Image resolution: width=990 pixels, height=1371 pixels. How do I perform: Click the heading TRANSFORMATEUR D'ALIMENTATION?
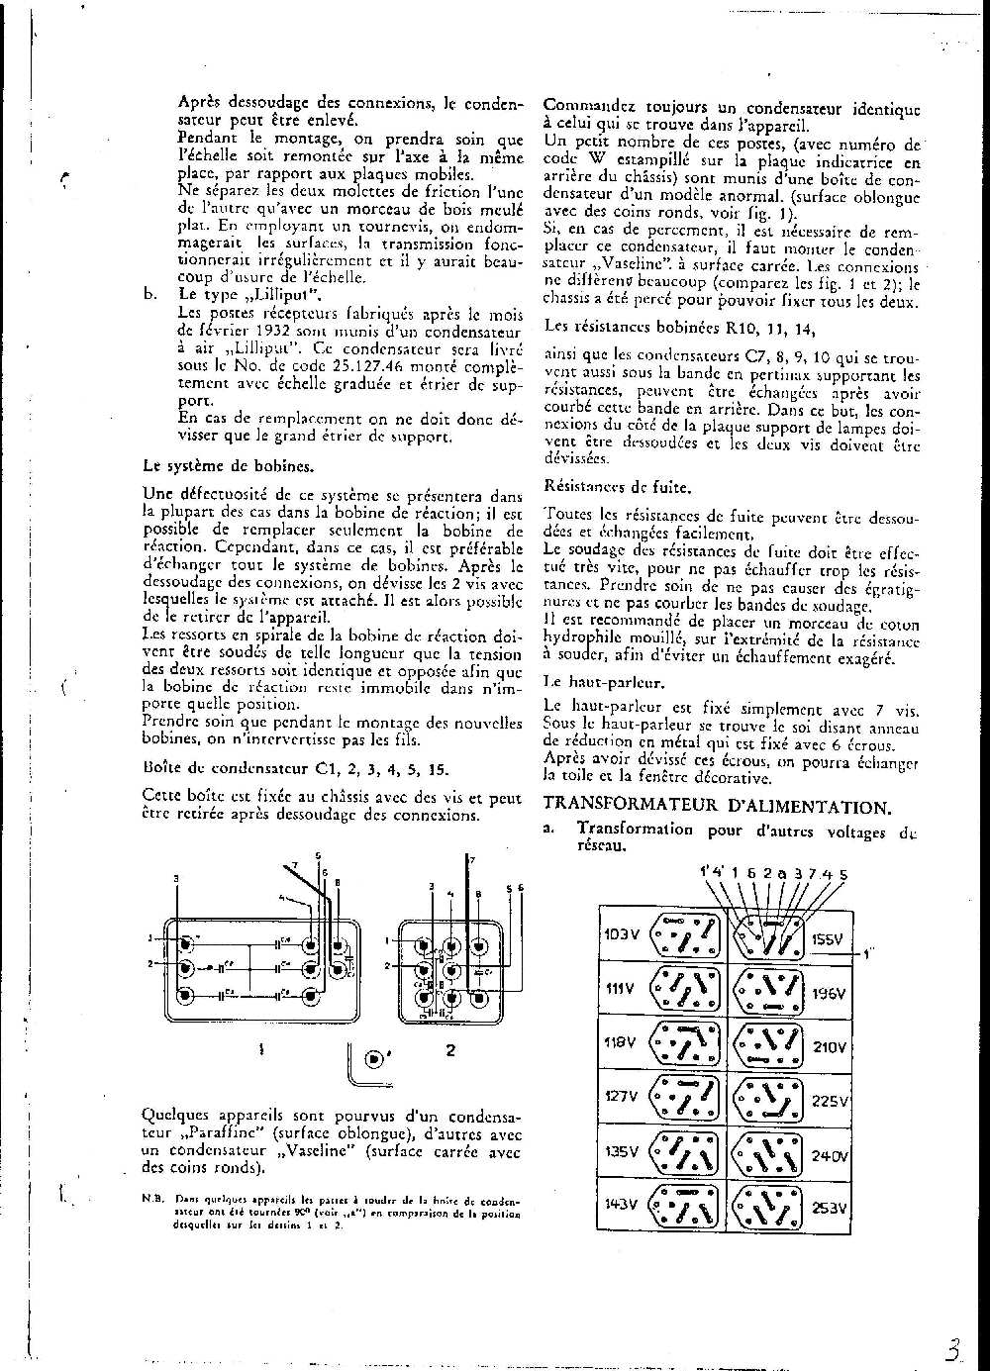click(x=719, y=807)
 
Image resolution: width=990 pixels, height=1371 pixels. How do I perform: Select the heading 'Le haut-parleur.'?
click(x=604, y=682)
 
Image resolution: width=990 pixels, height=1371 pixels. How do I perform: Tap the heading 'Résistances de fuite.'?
click(x=618, y=487)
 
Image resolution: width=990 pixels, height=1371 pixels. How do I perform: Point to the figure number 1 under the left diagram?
click(x=260, y=1050)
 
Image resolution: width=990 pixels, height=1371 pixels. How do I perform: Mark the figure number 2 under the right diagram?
click(x=450, y=1050)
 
